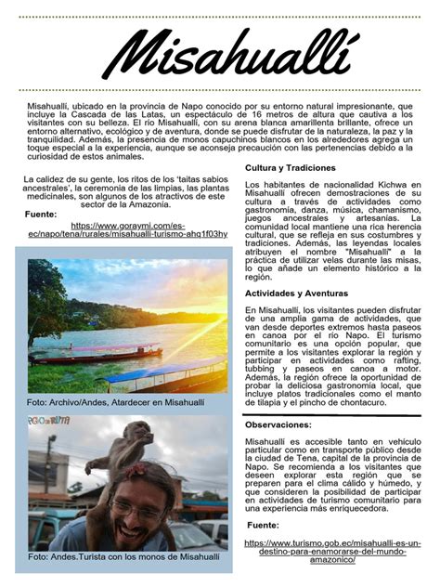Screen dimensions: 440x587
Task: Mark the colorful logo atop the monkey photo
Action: point(44,421)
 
